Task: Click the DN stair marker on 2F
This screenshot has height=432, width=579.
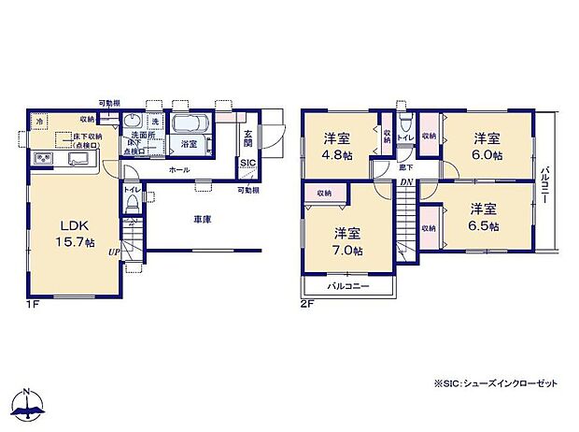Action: pos(406,183)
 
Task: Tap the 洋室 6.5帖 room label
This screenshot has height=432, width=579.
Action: pos(484,217)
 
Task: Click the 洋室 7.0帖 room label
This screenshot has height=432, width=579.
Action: pos(349,242)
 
